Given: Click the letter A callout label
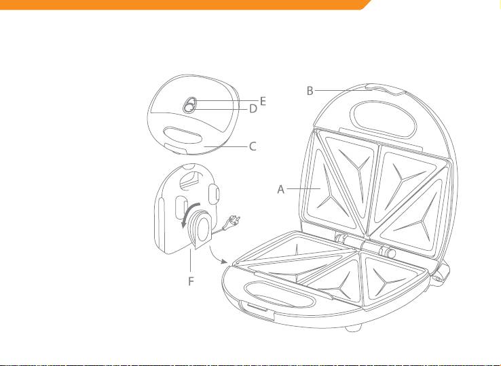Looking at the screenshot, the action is [x=280, y=189].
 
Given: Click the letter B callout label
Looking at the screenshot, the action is [x=310, y=91].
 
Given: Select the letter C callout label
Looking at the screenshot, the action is [x=253, y=146].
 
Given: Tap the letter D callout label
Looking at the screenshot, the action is [x=253, y=109].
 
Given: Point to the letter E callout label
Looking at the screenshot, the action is [x=263, y=101].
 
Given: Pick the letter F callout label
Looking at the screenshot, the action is [x=191, y=281].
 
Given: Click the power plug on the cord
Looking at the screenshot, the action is [x=232, y=222].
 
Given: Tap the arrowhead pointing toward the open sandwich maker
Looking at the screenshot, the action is [x=224, y=262].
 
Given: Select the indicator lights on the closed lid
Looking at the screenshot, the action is [x=189, y=105].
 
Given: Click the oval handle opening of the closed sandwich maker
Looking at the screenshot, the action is [x=183, y=135].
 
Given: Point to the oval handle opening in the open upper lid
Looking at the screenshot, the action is [x=384, y=119].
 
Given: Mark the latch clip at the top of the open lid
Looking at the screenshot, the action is [x=386, y=89].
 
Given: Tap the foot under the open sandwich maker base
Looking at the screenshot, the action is [x=353, y=328].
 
